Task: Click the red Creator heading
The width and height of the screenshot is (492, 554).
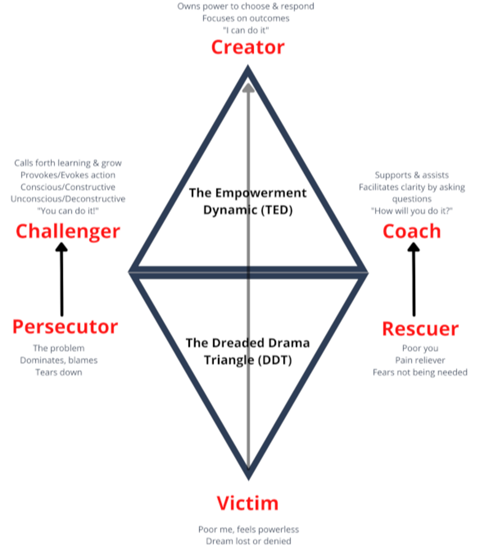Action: coord(248,47)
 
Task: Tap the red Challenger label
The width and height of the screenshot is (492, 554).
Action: coord(67,231)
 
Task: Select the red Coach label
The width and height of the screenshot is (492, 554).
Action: coord(411,231)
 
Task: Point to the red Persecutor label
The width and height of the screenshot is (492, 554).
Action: coord(65,327)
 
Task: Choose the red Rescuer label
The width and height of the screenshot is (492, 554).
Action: coord(420,329)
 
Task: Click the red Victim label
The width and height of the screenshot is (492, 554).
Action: coord(248,503)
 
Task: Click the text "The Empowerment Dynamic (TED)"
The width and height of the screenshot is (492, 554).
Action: coord(248,201)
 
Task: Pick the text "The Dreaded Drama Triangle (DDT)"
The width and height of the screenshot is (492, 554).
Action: coord(248,351)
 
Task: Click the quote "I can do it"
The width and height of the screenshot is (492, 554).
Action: coord(245,30)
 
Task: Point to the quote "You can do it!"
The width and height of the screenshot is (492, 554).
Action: coord(67,211)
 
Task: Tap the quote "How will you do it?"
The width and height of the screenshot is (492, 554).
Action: coord(411,211)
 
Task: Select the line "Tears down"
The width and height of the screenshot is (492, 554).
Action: coord(59,372)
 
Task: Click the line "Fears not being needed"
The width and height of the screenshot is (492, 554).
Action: coord(420,372)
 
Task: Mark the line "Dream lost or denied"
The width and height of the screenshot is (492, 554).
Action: coord(248,541)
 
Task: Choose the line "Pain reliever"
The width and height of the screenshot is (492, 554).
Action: coord(420,360)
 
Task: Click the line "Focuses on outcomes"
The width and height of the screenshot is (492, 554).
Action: coord(245,18)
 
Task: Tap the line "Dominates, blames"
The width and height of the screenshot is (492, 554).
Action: coord(59,360)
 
